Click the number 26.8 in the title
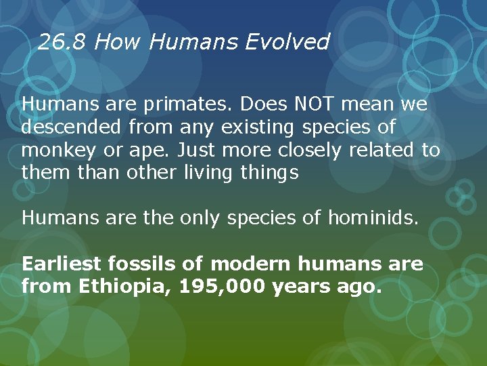63,43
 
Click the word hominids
373,218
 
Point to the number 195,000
223,286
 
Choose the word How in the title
118,43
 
